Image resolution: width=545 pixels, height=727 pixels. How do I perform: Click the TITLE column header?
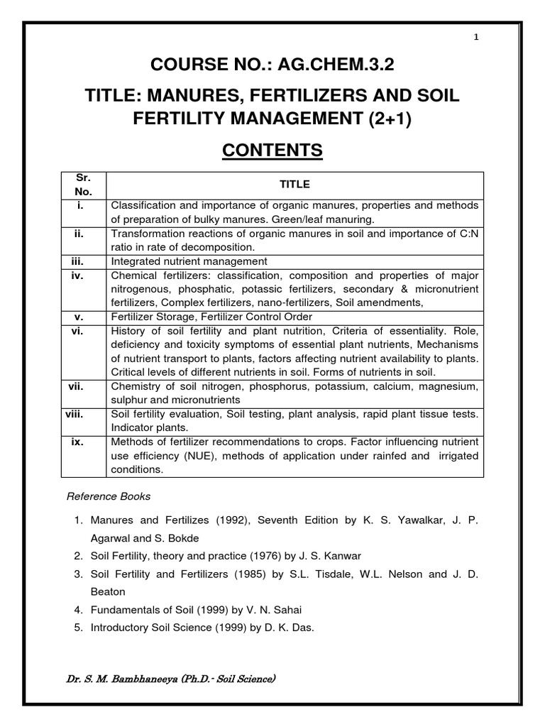294,184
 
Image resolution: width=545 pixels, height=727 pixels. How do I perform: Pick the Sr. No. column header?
79,185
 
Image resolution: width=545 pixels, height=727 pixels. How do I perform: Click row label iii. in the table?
79,261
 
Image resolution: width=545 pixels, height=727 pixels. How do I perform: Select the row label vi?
79,330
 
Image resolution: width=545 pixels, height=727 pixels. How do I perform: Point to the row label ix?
79,442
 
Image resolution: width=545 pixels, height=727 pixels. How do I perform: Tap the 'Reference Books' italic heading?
109,496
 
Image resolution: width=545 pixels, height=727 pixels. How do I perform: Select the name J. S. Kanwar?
323,555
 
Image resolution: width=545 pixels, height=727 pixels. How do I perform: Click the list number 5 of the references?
77,628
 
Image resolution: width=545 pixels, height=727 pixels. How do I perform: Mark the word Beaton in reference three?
108,591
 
